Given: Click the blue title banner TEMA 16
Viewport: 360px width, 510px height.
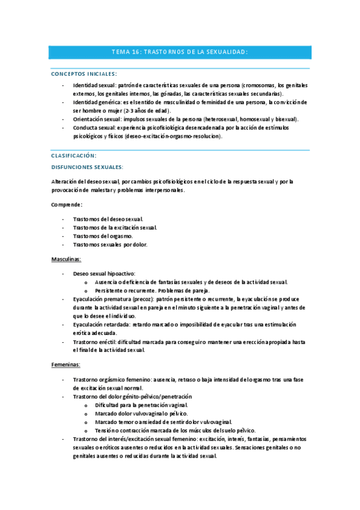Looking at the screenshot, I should click(x=180, y=52).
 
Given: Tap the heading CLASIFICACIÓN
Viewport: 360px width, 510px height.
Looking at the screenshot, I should click(x=74, y=155).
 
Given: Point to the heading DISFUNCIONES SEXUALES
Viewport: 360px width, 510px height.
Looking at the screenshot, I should click(x=87, y=167).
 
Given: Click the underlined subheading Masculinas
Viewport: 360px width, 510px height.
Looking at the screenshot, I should click(x=66, y=259).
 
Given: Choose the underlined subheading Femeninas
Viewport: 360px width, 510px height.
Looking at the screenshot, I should click(x=66, y=365).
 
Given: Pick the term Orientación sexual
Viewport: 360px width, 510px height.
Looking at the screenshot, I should click(x=96, y=119).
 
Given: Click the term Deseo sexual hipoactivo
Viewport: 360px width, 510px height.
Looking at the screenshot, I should click(x=103, y=273).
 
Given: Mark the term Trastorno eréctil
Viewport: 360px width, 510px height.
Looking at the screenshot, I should click(x=94, y=341).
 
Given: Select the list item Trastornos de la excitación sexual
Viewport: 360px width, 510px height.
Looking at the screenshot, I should click(x=114, y=227).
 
